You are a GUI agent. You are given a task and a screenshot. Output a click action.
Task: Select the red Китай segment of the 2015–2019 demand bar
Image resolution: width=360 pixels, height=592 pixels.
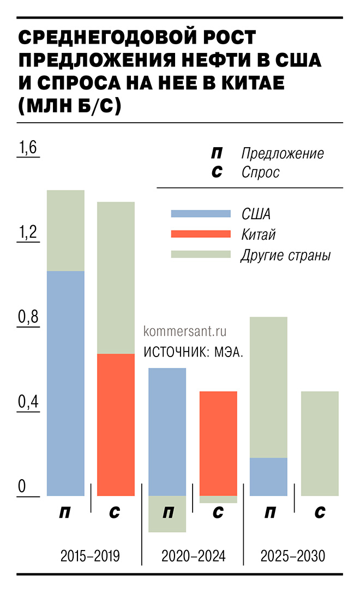[x=116, y=425]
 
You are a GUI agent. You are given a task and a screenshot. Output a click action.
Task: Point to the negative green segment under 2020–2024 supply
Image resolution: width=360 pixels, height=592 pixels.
[x=167, y=514]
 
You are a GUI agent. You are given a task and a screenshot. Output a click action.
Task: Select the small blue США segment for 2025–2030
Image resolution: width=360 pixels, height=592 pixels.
[x=268, y=476]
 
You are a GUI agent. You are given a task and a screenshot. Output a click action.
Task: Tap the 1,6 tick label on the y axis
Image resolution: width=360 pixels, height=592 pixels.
[x=28, y=148]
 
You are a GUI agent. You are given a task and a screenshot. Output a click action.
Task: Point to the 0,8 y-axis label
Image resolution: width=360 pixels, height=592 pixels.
[x=28, y=317]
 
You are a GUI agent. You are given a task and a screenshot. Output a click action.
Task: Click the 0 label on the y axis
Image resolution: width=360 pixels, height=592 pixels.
[x=22, y=487]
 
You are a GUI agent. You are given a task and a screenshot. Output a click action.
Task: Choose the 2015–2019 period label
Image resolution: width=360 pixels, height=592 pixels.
[x=90, y=557]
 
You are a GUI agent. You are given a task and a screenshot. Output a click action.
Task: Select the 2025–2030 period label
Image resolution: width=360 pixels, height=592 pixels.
[x=293, y=557]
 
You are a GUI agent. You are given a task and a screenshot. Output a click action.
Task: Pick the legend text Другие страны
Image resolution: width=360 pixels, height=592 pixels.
[x=285, y=255]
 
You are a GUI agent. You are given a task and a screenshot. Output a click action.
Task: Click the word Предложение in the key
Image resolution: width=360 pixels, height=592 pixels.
[x=283, y=153]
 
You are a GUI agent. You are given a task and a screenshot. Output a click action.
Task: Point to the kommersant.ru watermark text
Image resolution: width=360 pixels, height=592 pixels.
[x=184, y=331]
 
